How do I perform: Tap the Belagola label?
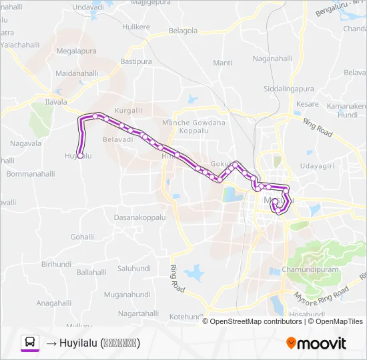(183, 31)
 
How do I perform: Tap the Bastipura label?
(137, 61)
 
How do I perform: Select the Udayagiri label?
(316, 165)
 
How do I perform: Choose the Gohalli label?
(82, 237)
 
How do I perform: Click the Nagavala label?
(27, 143)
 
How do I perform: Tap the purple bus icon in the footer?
(30, 343)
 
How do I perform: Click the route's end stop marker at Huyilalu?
(80, 155)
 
